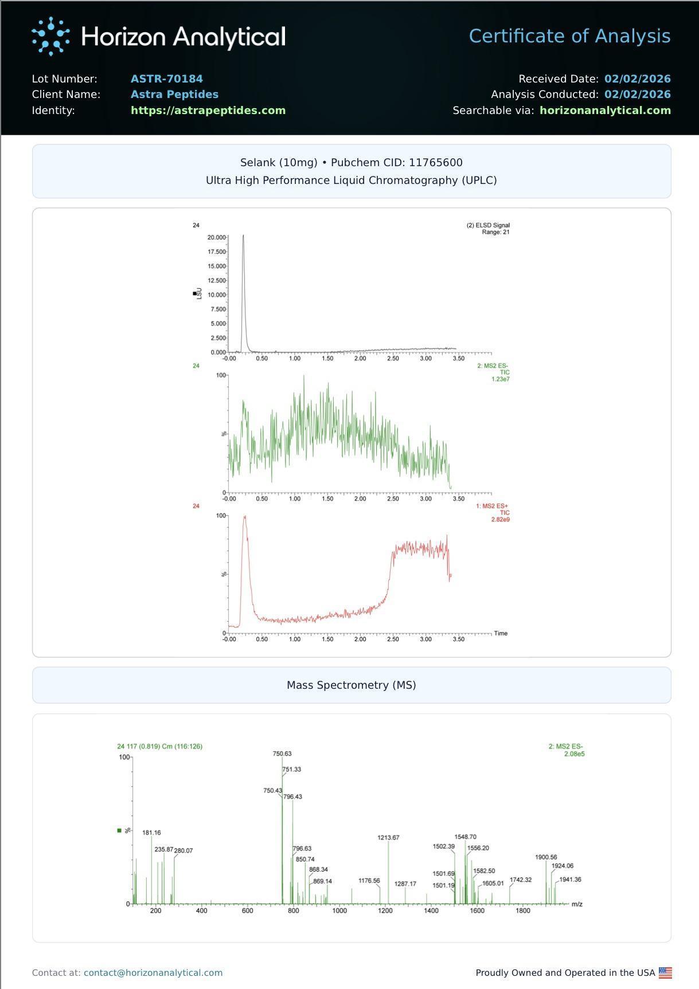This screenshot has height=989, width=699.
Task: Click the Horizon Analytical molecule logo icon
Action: (50, 36)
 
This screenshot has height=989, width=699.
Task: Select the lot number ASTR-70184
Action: (167, 79)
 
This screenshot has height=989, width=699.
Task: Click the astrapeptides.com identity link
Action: (208, 110)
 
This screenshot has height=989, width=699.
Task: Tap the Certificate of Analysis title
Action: (569, 36)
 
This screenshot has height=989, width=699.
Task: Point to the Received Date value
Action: (637, 79)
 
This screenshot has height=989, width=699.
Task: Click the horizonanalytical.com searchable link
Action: (605, 110)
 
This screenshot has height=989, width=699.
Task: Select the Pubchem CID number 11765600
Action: (435, 162)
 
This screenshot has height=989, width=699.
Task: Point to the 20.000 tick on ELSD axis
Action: (217, 237)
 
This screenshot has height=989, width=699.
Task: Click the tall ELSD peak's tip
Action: (243, 235)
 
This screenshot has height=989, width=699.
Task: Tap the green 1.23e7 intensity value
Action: (500, 379)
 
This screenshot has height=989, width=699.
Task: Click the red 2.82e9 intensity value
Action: (500, 520)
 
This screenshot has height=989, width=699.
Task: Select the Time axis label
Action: (501, 633)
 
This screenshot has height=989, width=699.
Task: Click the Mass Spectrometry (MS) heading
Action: (351, 685)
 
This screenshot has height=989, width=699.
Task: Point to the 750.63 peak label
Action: (282, 753)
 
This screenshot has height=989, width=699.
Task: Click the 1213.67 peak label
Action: (388, 837)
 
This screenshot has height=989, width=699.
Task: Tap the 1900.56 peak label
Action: (546, 857)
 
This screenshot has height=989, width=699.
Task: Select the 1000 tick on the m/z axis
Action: (339, 910)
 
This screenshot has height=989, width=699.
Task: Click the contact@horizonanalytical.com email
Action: (153, 972)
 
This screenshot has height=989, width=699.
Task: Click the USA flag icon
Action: (665, 972)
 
